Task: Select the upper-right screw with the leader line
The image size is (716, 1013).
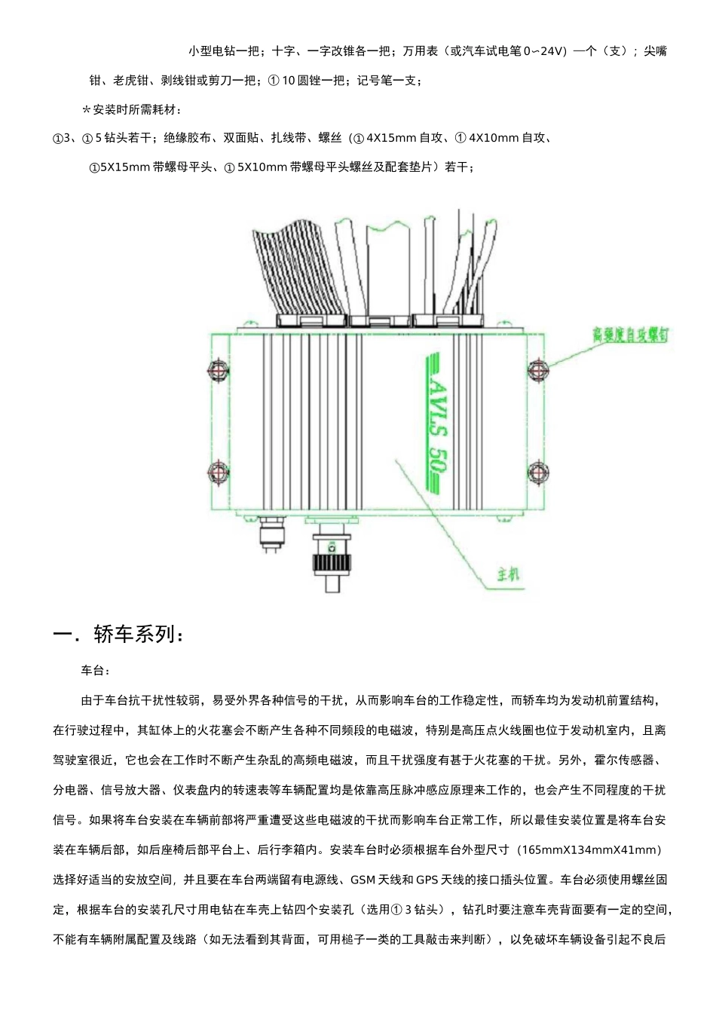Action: [536, 370]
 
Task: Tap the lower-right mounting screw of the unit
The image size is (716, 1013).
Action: [536, 472]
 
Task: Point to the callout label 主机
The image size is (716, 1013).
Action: [509, 574]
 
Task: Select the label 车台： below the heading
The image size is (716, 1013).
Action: [96, 670]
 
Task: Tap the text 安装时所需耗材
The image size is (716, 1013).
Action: [136, 110]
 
